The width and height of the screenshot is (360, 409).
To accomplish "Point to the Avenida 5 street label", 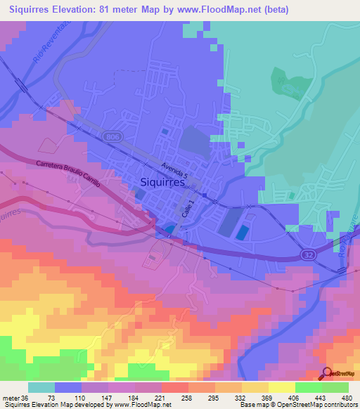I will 174,169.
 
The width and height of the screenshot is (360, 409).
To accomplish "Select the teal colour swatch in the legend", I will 41,387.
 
